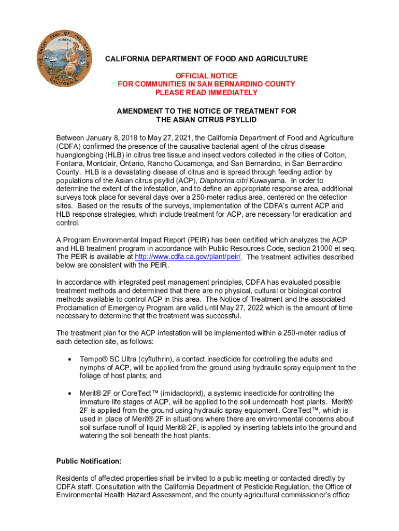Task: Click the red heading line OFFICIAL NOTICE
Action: [x=206, y=76]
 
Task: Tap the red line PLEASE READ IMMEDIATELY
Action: [x=206, y=92]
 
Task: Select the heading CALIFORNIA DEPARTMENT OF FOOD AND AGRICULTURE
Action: [x=206, y=59]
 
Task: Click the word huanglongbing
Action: [x=80, y=155]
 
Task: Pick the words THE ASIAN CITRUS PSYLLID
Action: [x=206, y=120]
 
